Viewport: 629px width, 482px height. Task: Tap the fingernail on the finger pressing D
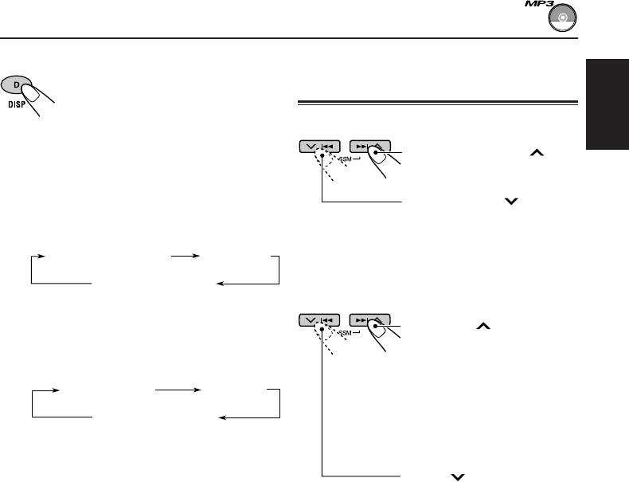[36, 90]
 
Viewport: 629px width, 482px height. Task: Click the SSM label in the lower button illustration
[351, 332]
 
